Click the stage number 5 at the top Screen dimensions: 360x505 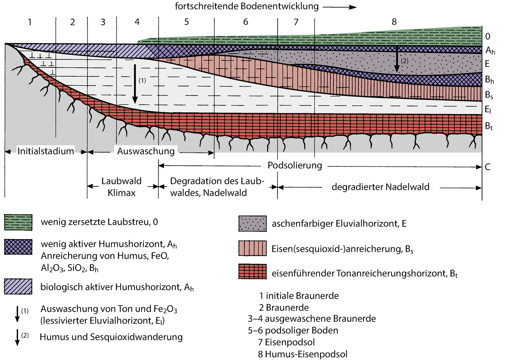coord(187,22)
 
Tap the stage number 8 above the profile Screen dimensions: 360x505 coord(394,22)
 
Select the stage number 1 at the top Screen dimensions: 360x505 coord(30,22)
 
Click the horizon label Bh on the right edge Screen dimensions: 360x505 coord(489,80)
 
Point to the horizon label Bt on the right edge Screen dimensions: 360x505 coord(488,126)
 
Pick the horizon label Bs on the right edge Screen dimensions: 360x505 coord(489,95)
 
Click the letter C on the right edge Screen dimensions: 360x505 coord(487,167)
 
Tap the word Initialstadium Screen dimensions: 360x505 coord(46,151)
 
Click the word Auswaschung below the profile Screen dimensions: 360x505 coord(146,151)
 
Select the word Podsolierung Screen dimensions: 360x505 coord(295,165)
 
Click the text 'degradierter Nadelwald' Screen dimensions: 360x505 coord(380,187)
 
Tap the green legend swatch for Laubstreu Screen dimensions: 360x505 coord(18,222)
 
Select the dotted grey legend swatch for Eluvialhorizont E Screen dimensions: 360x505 coord(252,224)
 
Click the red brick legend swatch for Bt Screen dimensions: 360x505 coord(252,272)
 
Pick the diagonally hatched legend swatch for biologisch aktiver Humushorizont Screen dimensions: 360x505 coord(18,287)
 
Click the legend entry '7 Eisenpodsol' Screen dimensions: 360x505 coord(286,342)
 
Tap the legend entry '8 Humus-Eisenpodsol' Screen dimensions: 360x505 coord(302,354)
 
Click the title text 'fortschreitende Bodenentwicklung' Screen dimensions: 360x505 coord(247,6)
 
